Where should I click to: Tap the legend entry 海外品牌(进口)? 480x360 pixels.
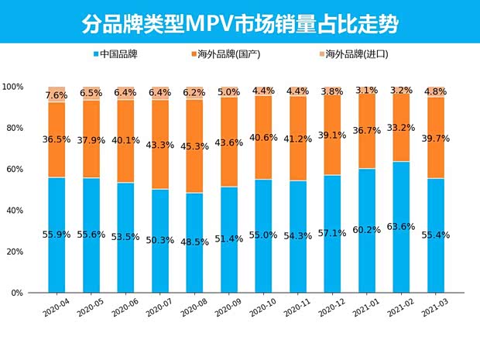click(351, 54)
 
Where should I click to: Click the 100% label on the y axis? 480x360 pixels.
click(13, 86)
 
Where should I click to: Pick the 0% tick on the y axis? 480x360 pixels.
click(17, 293)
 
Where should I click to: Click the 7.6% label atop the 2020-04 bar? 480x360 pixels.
click(56, 95)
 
